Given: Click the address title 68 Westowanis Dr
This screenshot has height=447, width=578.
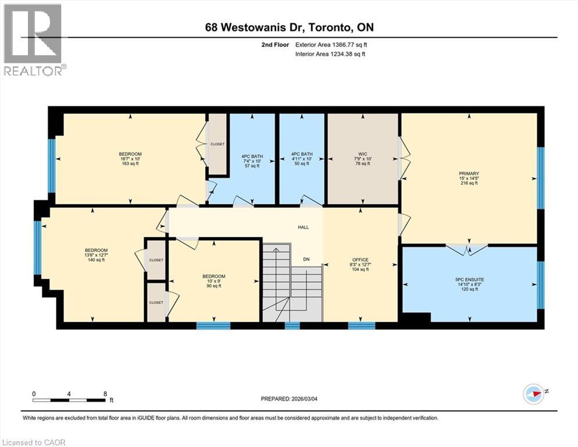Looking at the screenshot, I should tap(288, 28).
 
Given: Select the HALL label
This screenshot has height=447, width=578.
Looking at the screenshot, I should tap(303, 227).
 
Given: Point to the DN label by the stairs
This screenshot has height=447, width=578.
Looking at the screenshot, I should tap(306, 259).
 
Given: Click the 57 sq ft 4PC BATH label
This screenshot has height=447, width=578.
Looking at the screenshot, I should tap(252, 161).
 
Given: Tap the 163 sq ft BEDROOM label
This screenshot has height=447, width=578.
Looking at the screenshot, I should tap(130, 159).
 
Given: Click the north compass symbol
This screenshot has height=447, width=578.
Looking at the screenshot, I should tap(533, 393).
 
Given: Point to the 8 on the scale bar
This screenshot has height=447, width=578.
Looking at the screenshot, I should tap(105, 393).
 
